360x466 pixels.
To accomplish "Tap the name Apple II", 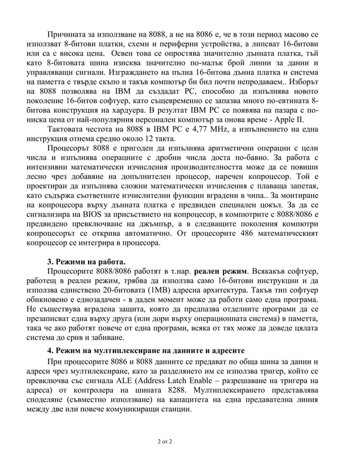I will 289,120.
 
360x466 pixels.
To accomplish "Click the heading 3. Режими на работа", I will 86,261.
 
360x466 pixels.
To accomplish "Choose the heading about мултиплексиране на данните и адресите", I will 146,350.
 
